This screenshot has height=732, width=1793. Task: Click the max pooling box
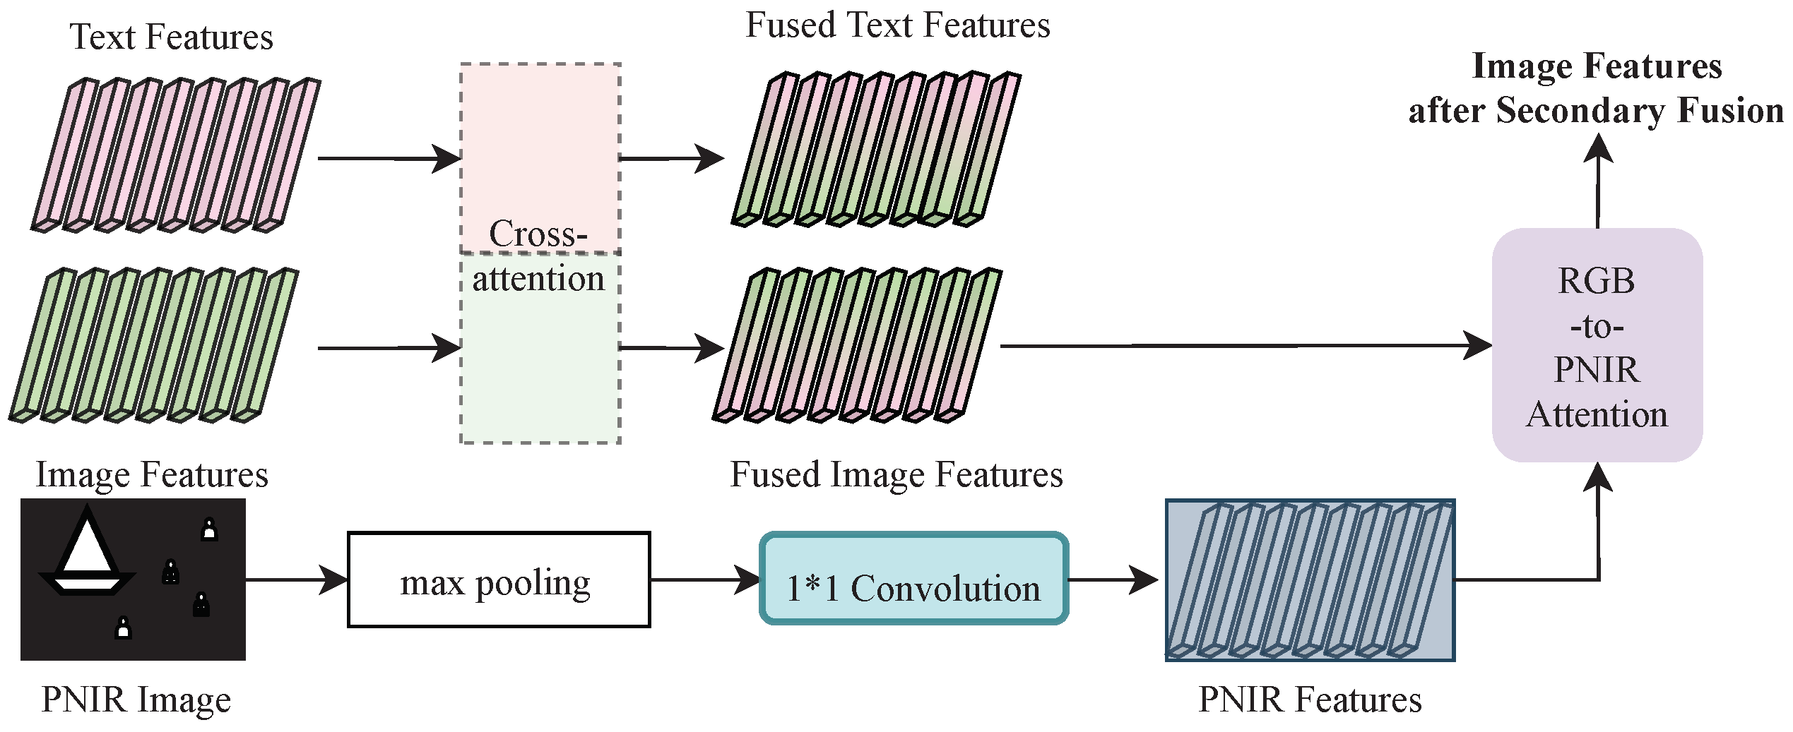coord(499,580)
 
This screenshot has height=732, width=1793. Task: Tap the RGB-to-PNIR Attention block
coord(1597,345)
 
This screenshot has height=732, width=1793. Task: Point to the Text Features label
coord(171,37)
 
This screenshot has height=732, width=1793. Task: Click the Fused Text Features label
coord(897,25)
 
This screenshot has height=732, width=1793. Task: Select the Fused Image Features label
coord(896,474)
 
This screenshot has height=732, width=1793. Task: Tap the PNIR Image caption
coord(136,700)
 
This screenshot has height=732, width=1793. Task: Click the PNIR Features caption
coord(1310,700)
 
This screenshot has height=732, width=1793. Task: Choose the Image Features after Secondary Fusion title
coord(1596,88)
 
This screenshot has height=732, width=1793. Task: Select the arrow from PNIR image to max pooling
coord(297,580)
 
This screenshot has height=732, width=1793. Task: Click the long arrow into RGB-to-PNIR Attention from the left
coord(1243,346)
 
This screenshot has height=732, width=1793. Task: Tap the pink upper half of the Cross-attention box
coord(540,141)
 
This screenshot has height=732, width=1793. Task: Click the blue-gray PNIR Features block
coord(1310,580)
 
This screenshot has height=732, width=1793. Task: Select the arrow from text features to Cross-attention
coord(389,158)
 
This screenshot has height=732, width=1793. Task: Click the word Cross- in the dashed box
coord(538,234)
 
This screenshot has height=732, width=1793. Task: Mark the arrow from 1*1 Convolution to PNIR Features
coord(1113,580)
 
